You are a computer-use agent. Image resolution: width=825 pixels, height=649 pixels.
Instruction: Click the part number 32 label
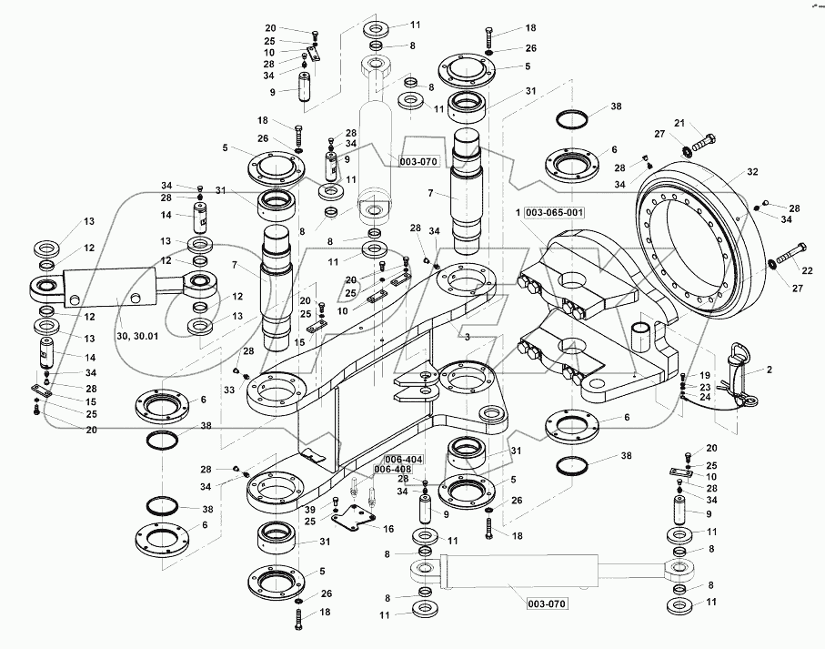coord(751,170)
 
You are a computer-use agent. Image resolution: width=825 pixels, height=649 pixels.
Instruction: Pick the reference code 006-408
coord(391,470)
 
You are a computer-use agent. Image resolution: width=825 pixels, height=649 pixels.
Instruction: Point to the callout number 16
coord(388,528)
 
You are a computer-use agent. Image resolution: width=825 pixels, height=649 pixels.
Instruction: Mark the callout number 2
coord(770,370)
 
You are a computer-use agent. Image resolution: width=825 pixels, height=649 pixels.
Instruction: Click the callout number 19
coord(705,375)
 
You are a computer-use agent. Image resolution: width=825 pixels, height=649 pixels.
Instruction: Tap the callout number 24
coord(705,396)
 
